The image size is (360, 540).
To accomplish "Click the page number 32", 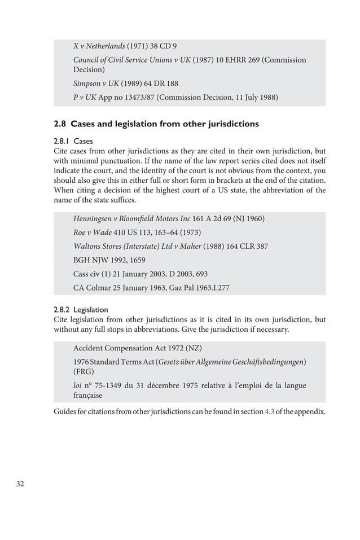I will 22,484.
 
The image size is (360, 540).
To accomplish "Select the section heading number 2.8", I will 60,124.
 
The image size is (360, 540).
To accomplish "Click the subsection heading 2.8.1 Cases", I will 73,141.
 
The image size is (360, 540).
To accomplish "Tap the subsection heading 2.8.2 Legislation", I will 81,309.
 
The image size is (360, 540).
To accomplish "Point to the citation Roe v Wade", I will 94,232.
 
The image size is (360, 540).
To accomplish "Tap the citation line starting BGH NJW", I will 109,260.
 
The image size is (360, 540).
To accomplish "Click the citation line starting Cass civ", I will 141,274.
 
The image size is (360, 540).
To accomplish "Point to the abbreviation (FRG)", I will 84,372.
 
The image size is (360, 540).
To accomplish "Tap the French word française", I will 92,396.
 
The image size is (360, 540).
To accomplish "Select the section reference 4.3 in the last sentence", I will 270,411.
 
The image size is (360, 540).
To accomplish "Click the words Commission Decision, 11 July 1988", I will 217,97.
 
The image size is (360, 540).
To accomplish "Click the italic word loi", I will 78,386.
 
